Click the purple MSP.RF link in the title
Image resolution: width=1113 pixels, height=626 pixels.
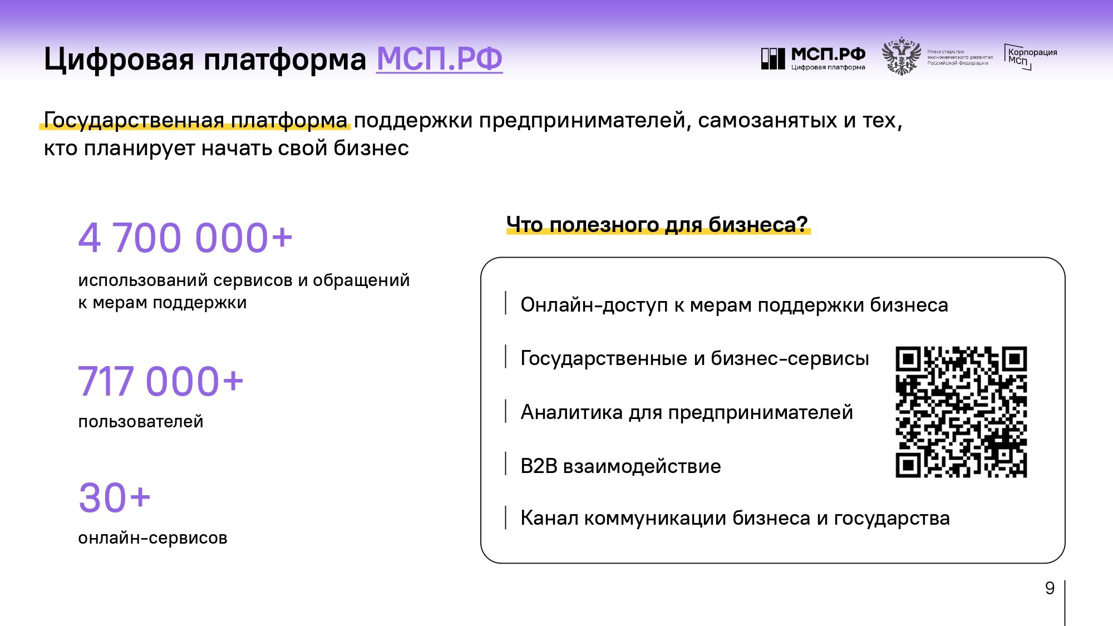(440, 58)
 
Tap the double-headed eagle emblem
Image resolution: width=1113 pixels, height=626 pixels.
(901, 56)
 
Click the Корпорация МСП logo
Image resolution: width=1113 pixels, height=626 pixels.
(1031, 57)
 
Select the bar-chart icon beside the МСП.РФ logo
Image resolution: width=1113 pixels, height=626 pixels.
(773, 58)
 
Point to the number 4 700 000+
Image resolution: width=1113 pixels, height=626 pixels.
(185, 238)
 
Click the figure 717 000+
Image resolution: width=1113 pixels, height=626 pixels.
(161, 381)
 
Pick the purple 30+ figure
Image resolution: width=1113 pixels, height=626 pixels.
(115, 497)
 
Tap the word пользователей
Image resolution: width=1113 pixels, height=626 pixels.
(141, 422)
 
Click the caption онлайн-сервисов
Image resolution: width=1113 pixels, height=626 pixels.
(152, 538)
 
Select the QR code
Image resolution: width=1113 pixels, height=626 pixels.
(961, 412)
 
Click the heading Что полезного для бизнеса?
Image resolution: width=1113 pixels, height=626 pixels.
(657, 224)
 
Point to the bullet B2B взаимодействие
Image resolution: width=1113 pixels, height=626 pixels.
(620, 466)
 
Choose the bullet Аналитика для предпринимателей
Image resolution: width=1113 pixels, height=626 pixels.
(687, 412)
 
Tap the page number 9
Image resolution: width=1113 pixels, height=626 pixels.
(1050, 588)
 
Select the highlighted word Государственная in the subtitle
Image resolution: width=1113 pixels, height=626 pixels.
(134, 120)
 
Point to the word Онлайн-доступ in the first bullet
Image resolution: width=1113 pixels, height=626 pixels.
(594, 305)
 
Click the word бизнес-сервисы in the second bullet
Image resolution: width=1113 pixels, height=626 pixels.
(790, 358)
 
